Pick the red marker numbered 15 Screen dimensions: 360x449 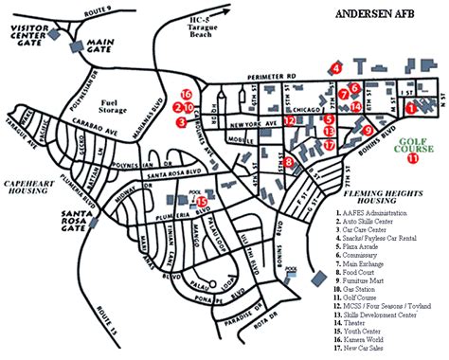[x=201, y=201]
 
